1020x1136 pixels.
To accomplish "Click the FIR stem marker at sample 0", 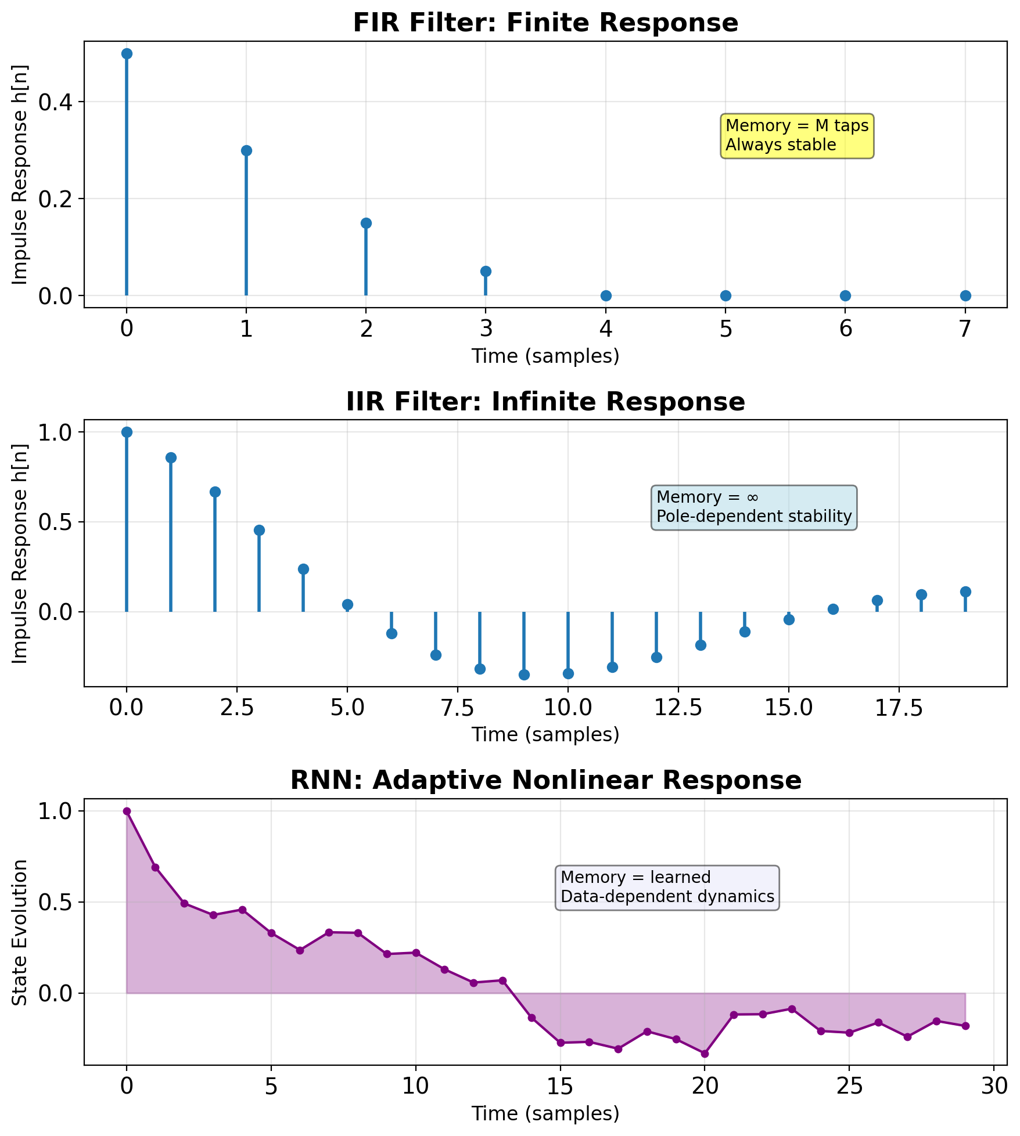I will [127, 54].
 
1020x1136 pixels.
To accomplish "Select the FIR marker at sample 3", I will [486, 271].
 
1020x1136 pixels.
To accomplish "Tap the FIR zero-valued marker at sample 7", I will [965, 295].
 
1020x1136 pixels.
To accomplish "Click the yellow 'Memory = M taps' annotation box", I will [797, 135].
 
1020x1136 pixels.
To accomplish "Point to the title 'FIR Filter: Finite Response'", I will [545, 23].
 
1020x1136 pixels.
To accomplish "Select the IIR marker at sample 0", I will [127, 432].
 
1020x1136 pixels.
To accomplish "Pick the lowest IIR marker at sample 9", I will [524, 675].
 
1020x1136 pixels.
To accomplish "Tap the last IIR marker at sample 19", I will [965, 592].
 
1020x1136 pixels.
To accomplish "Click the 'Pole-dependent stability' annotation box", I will [753, 507].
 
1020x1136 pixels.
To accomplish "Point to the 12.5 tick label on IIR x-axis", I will [678, 709].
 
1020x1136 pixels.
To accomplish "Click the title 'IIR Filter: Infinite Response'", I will [545, 402].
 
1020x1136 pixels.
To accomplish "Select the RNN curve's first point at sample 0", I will [127, 811].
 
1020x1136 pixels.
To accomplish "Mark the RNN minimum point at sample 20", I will [705, 1054].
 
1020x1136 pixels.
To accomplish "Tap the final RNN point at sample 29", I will [965, 1026].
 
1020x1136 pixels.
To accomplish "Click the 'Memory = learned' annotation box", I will [667, 887].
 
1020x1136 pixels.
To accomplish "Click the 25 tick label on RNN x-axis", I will [849, 1087].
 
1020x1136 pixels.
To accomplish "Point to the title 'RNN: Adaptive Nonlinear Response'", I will [545, 781].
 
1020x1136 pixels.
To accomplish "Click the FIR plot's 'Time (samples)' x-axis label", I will [545, 356].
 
